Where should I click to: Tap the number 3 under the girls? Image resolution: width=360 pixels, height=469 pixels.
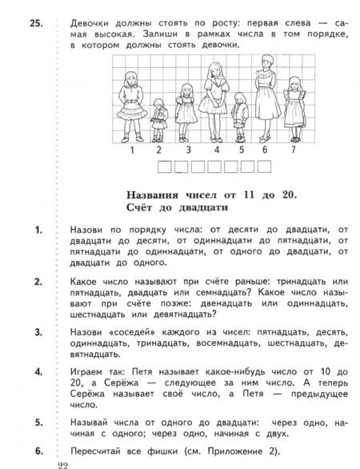[x=187, y=149]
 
